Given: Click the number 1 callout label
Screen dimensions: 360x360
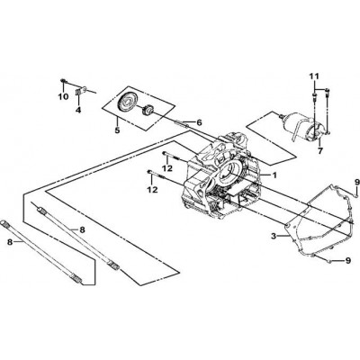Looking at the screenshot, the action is click(274, 175).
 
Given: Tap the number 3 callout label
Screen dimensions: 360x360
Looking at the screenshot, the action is click(274, 236).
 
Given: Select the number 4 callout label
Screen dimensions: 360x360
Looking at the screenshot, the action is click(78, 110).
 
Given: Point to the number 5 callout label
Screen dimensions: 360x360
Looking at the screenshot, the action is click(117, 130).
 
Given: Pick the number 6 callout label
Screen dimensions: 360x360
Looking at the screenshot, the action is click(200, 122).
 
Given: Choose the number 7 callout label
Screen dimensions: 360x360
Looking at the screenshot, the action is click(320, 151).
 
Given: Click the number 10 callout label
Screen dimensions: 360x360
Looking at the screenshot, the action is click(63, 96).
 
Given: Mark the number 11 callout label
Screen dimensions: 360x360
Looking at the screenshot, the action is click(315, 76).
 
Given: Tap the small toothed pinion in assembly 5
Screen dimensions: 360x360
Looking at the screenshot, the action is click(148, 112).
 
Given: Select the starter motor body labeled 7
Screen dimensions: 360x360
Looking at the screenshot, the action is click(303, 127).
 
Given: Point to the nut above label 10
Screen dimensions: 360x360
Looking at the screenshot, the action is click(63, 80).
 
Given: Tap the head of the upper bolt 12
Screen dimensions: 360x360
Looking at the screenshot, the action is click(164, 153).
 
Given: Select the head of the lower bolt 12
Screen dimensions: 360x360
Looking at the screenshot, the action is click(148, 171).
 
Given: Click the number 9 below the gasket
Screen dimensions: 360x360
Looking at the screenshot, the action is click(348, 260).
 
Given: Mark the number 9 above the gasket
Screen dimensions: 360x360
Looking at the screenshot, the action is click(357, 182).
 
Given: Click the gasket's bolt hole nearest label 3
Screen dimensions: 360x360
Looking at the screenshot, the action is click(287, 225).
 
